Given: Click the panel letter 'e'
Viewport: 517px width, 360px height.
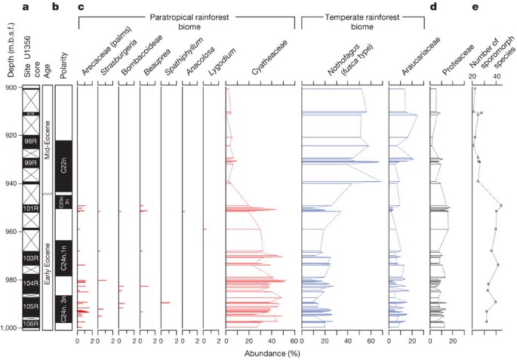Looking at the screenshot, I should coord(474,8).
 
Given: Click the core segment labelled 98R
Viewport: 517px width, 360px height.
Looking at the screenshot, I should coord(31,140).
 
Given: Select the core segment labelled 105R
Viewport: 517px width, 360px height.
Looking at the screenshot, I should coord(31,306).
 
